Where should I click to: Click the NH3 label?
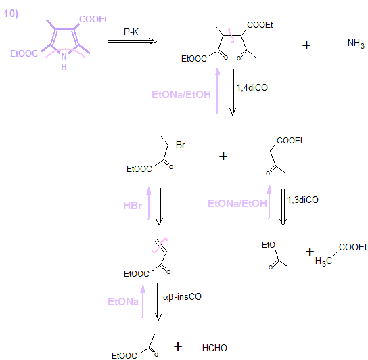click(356, 44)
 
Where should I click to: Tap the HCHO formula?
click(214, 348)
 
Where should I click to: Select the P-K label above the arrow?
click(131, 32)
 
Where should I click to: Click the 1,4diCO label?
click(252, 87)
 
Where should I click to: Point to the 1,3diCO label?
click(303, 200)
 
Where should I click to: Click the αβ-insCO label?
click(182, 297)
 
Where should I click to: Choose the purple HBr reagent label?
click(133, 206)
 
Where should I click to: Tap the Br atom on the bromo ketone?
click(180, 145)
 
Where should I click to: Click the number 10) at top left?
click(11, 14)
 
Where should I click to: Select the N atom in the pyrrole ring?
click(64, 56)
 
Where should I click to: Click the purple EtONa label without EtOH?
click(123, 302)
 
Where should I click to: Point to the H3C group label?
click(323, 261)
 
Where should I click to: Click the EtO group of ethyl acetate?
click(269, 245)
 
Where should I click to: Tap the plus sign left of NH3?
click(306, 45)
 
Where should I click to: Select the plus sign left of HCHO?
click(178, 346)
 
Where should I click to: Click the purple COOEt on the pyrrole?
click(93, 19)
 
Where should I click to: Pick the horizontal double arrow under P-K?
click(132, 41)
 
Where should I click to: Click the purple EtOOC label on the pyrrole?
click(24, 53)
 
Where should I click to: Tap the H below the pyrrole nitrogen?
click(64, 68)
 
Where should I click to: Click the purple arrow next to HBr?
click(149, 204)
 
